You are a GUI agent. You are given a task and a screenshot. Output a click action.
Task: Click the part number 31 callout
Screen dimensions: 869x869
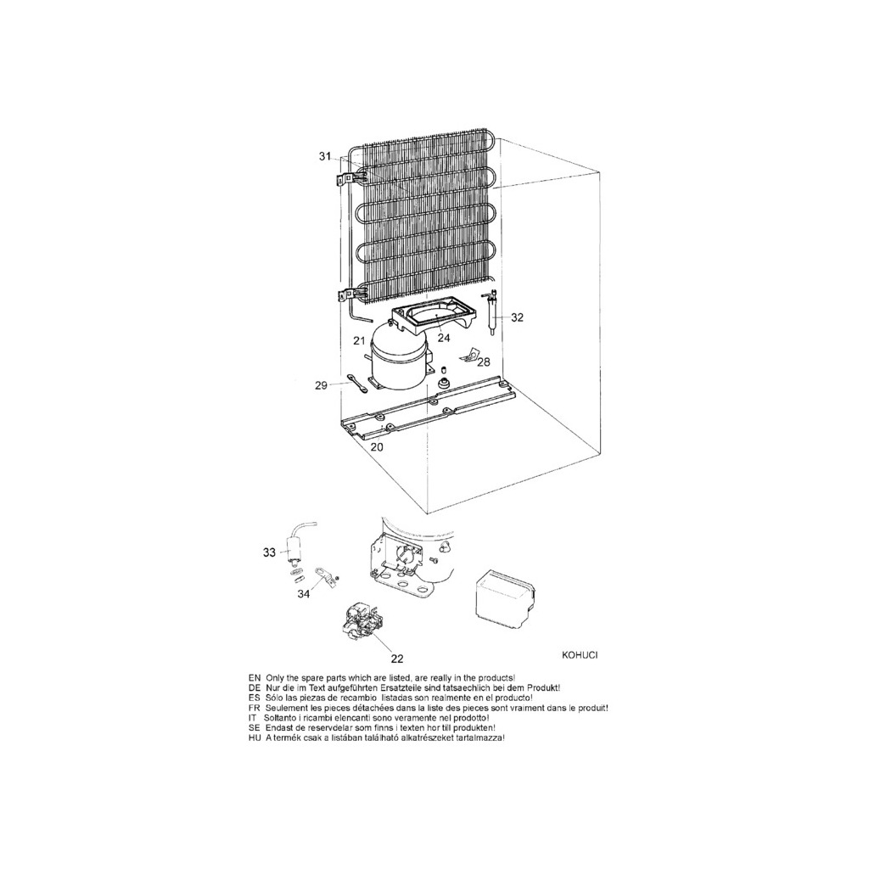(x=325, y=157)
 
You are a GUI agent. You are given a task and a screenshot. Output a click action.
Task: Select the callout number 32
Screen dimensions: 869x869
(x=517, y=317)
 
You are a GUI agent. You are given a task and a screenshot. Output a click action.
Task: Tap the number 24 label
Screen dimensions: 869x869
(x=444, y=337)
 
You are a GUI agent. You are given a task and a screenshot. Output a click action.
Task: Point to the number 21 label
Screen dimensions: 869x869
(x=359, y=341)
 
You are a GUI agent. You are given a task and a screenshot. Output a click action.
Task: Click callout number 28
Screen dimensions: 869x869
(x=484, y=362)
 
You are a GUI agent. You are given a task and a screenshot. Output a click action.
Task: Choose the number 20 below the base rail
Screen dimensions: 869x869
(x=377, y=447)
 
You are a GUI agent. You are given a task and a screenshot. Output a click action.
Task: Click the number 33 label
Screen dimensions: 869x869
(x=269, y=552)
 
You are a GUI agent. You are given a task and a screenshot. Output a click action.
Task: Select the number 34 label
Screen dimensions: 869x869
(x=303, y=594)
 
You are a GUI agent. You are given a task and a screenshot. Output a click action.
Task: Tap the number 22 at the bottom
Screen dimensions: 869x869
(x=397, y=659)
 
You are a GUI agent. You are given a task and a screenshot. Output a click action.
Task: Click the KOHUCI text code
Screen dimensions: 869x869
(x=580, y=655)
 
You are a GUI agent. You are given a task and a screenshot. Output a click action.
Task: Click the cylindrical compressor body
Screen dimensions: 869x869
(x=398, y=359)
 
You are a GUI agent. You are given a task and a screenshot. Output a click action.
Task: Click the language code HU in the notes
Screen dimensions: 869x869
(x=255, y=739)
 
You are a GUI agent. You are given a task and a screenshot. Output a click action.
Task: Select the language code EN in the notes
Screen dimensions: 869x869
(x=255, y=678)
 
